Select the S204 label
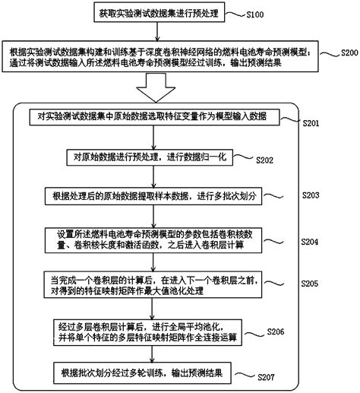pos(314,242)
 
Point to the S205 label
pos(314,283)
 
